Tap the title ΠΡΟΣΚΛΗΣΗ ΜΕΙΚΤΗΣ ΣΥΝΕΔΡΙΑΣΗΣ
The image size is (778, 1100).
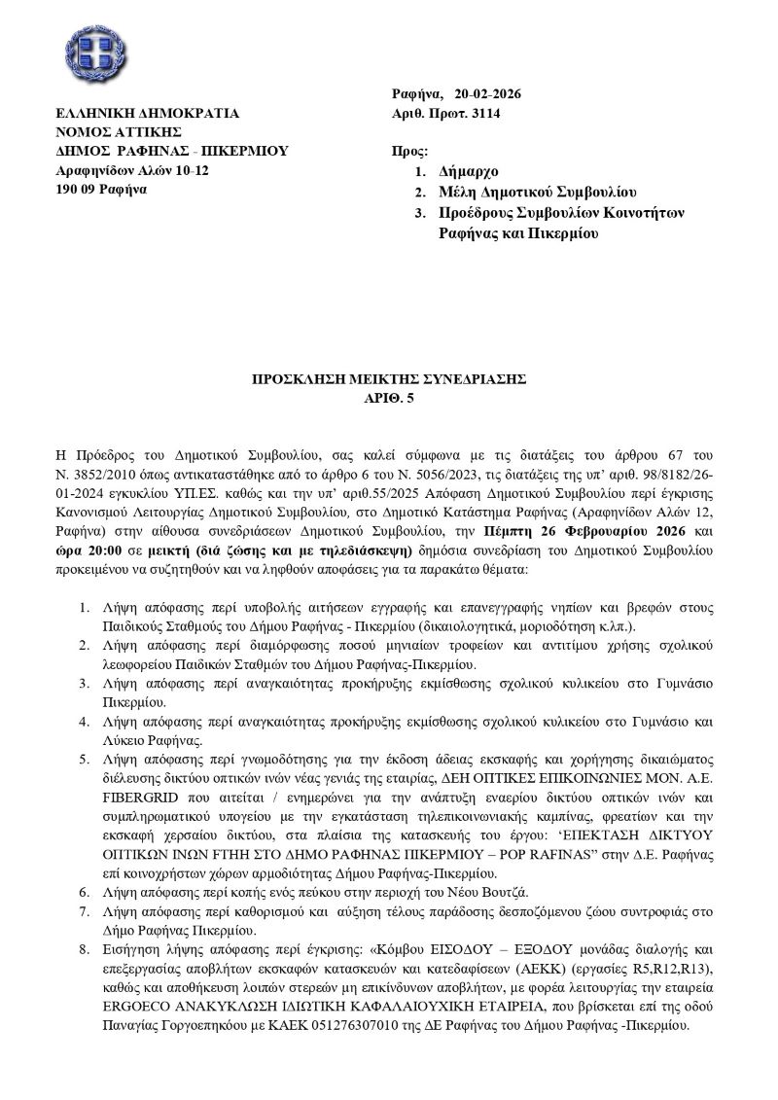point(389,379)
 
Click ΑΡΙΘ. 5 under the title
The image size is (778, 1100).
point(389,398)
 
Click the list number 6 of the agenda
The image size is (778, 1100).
point(85,886)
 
